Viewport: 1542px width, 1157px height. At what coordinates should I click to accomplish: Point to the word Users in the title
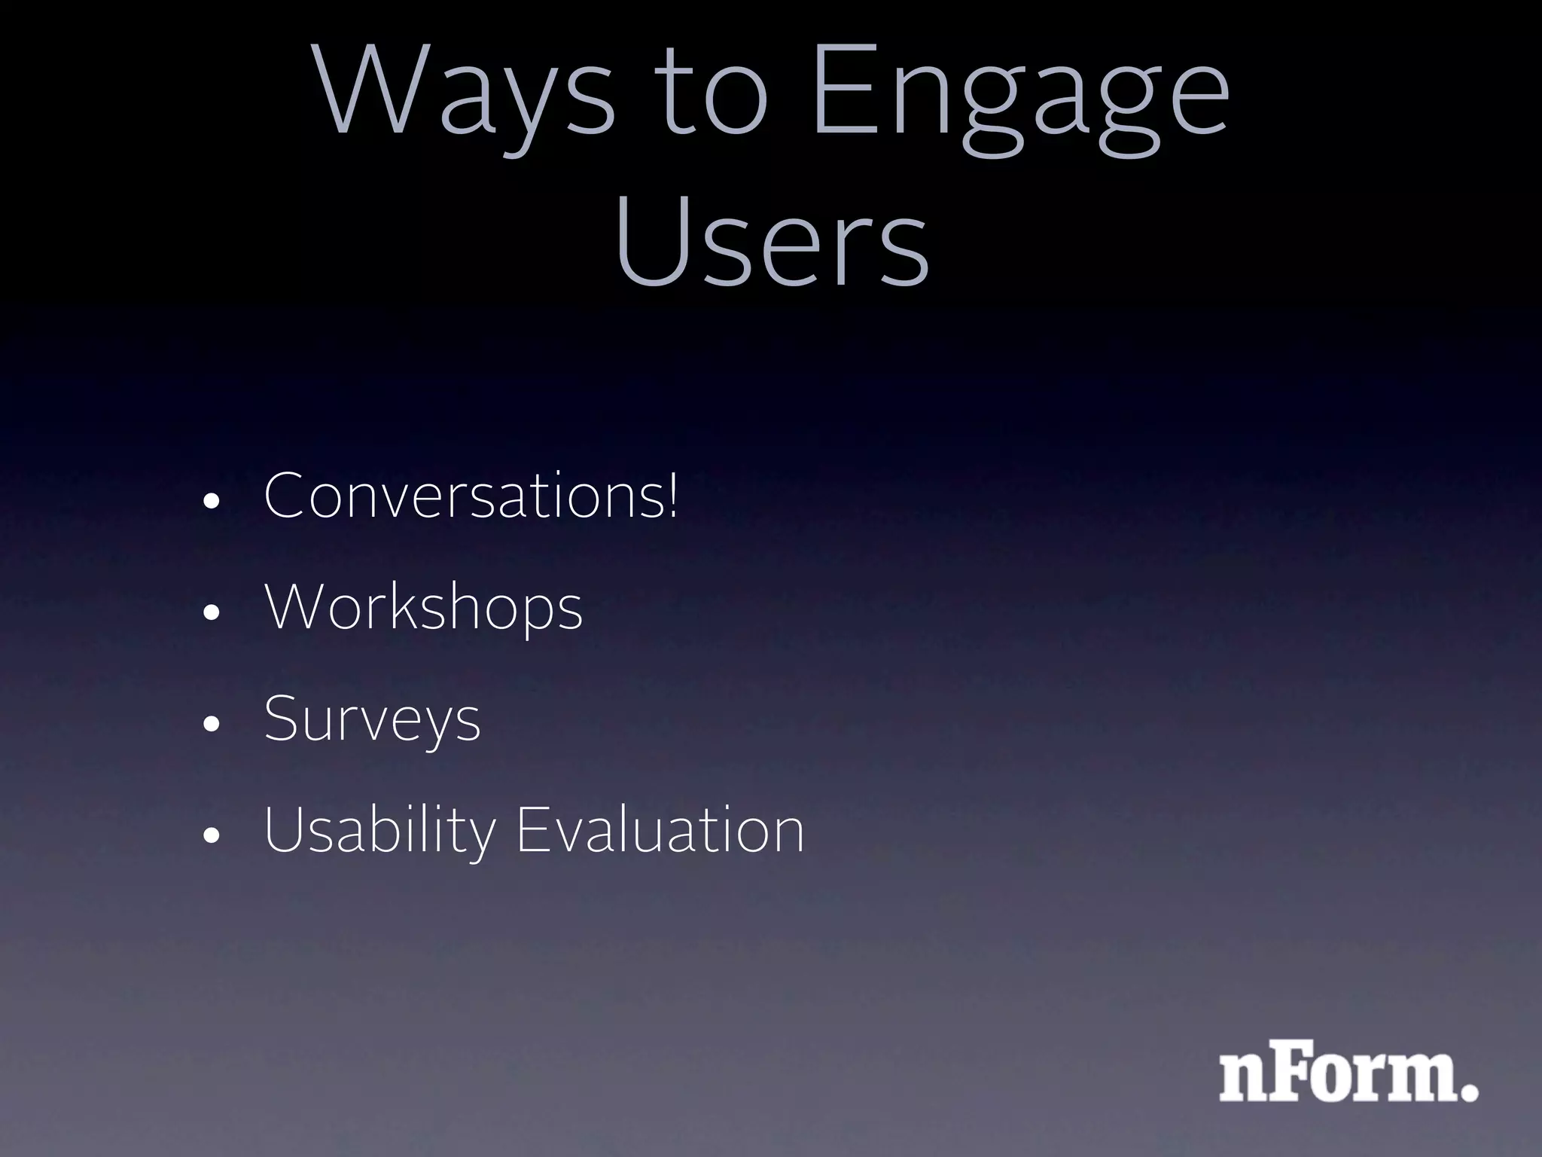tap(772, 241)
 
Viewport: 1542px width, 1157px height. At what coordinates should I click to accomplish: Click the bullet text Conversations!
tap(471, 496)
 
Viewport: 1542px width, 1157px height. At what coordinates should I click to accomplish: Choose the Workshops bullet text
tap(424, 607)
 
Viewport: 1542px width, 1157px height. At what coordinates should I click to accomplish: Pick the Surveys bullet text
tap(372, 719)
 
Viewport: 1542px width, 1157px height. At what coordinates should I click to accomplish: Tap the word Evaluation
tap(660, 830)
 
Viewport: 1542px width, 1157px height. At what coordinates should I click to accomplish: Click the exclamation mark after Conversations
tap(672, 494)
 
